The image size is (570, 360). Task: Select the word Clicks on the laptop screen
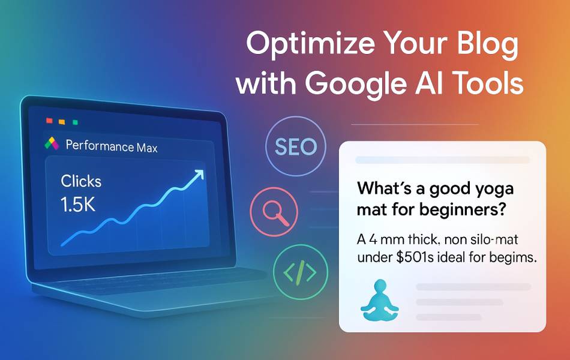coord(81,181)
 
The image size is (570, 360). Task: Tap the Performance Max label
coord(112,145)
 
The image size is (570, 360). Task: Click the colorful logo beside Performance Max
coord(52,144)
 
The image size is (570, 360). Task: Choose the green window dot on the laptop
coord(75,122)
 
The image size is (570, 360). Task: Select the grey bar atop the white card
coord(442,160)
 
